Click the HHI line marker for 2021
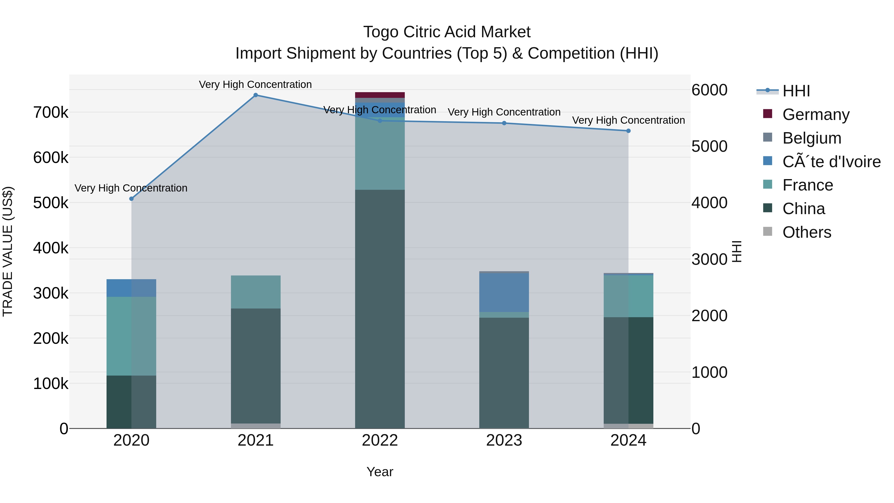[256, 95]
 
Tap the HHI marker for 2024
[628, 131]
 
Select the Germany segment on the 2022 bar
[380, 95]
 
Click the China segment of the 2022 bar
[380, 309]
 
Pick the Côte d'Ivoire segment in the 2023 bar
[504, 292]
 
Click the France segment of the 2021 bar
[256, 292]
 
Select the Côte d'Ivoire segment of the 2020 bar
[131, 288]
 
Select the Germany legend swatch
[768, 114]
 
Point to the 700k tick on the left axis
[51, 113]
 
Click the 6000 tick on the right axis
[709, 90]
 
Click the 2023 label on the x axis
[504, 440]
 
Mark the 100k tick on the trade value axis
[51, 384]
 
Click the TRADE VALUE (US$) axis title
[8, 251]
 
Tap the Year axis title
[380, 472]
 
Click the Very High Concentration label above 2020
[131, 188]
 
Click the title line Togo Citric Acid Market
[447, 32]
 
